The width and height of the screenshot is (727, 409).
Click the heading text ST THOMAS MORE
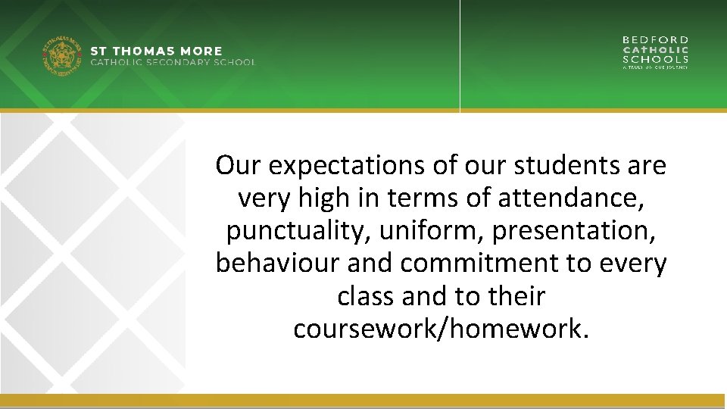pyautogui.click(x=157, y=52)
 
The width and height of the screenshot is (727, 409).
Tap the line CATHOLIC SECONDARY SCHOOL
pyautogui.click(x=173, y=62)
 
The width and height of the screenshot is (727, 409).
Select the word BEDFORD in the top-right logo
pyautogui.click(x=656, y=39)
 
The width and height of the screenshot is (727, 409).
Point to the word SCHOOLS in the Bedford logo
pyautogui.click(x=656, y=59)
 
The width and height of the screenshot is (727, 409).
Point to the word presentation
pyautogui.click(x=573, y=231)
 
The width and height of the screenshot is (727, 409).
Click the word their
pyautogui.click(x=516, y=296)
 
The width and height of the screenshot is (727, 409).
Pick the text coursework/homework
pyautogui.click(x=440, y=329)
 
